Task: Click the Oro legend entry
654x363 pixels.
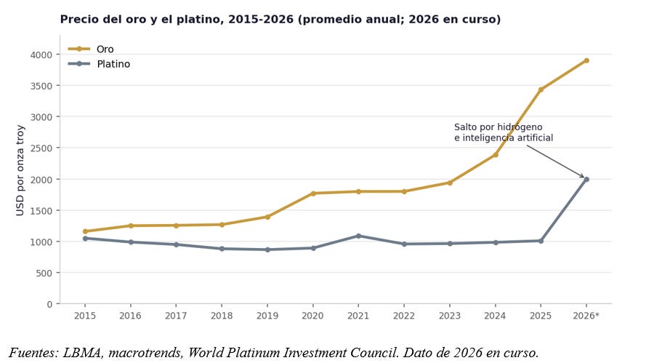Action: coord(91,49)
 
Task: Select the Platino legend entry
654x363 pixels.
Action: coord(100,64)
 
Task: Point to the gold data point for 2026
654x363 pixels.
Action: coord(586,60)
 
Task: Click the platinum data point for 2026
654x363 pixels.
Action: coord(586,180)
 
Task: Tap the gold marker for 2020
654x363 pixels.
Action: coord(313,194)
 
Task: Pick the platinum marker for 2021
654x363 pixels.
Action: coord(359,236)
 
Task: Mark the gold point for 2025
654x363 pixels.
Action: coord(541,89)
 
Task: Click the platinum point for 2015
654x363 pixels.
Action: coord(85,239)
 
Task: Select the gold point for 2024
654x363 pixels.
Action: coord(496,155)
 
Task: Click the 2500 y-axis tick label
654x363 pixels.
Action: coord(41,148)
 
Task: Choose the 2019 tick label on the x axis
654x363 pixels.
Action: coord(267,316)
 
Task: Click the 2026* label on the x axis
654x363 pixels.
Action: coord(586,316)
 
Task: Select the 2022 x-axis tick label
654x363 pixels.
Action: coord(404,316)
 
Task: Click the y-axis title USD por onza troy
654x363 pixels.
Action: coord(20,170)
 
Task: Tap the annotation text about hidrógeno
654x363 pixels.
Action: coord(504,132)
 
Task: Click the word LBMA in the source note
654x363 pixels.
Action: coord(82,353)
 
